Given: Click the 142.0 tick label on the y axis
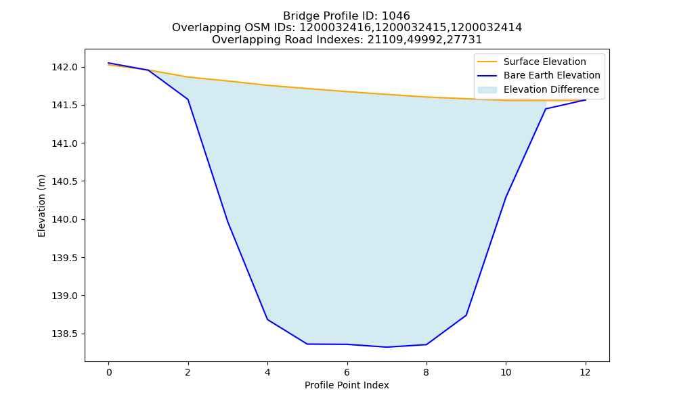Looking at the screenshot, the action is (x=64, y=67).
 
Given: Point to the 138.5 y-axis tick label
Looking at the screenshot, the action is (x=64, y=334).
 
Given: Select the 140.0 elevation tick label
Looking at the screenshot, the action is (x=64, y=220).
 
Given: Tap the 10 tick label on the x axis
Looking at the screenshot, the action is (x=506, y=372).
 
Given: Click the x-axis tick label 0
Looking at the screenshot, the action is (x=109, y=372).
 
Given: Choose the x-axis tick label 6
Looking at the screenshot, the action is (x=347, y=372).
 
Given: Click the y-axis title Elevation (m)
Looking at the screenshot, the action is (x=41, y=206).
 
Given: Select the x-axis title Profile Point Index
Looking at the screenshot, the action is (x=347, y=385).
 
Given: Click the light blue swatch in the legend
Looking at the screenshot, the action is (x=487, y=90).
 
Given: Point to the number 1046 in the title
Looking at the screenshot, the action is (x=396, y=16).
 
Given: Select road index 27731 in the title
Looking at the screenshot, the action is (x=464, y=40).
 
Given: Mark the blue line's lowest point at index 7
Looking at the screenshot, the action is (x=387, y=347).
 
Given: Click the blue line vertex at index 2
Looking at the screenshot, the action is (x=188, y=99).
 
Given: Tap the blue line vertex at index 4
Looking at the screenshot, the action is (x=267, y=319).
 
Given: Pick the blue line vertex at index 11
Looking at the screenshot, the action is (x=546, y=109).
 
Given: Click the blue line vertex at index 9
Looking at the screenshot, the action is (x=466, y=315).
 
